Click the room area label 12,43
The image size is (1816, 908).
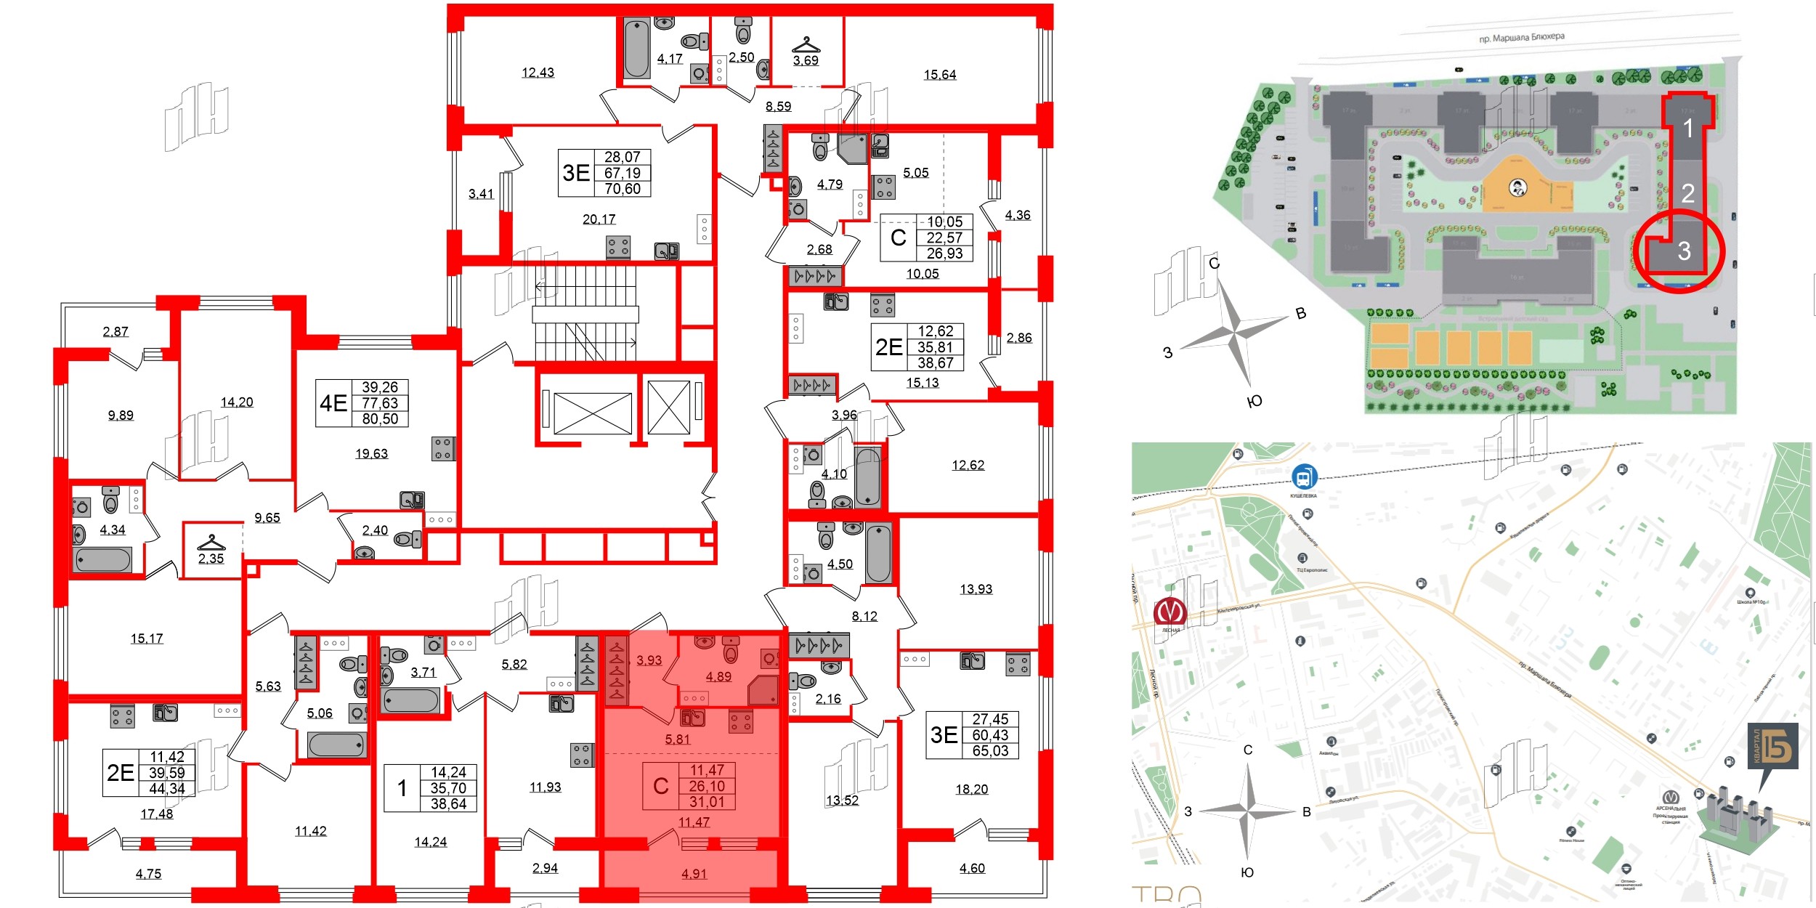pyautogui.click(x=538, y=73)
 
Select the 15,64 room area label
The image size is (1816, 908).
pyautogui.click(x=939, y=75)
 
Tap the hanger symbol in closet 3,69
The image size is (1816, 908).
pyautogui.click(x=806, y=45)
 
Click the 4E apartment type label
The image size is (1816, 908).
pyautogui.click(x=333, y=403)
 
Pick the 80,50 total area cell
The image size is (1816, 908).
pyautogui.click(x=380, y=419)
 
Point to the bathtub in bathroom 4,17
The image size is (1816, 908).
pyautogui.click(x=636, y=49)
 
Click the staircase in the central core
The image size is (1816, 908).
pyautogui.click(x=585, y=313)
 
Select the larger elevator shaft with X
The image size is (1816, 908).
pyautogui.click(x=592, y=413)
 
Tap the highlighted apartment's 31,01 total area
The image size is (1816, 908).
pyautogui.click(x=707, y=802)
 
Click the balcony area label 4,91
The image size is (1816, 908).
pyautogui.click(x=694, y=874)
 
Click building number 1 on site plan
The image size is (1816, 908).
pyautogui.click(x=1688, y=129)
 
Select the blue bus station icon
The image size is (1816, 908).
pyautogui.click(x=1304, y=478)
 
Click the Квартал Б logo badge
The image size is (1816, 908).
pyautogui.click(x=1773, y=746)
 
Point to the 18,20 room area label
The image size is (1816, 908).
pyautogui.click(x=971, y=790)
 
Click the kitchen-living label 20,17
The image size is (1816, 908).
pyautogui.click(x=599, y=219)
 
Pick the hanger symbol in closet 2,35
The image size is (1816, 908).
pyautogui.click(x=211, y=543)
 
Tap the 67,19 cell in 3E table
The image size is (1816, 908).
pyautogui.click(x=623, y=173)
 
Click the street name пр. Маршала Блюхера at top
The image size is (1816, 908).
pyautogui.click(x=1522, y=37)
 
